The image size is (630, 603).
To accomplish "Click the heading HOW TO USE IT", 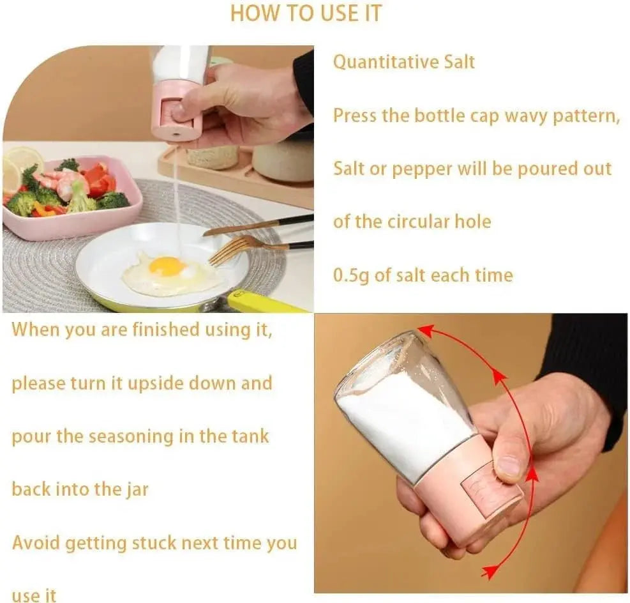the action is pyautogui.click(x=306, y=13).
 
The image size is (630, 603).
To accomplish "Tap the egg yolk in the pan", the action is pyautogui.click(x=167, y=266).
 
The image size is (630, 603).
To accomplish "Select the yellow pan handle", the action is pyautogui.click(x=264, y=301).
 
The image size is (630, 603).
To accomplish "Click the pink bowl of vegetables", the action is pyautogui.click(x=72, y=197).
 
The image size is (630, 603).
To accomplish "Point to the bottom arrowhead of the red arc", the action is pyautogui.click(x=489, y=571).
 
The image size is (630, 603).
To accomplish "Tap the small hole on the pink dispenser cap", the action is pyautogui.click(x=175, y=132).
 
